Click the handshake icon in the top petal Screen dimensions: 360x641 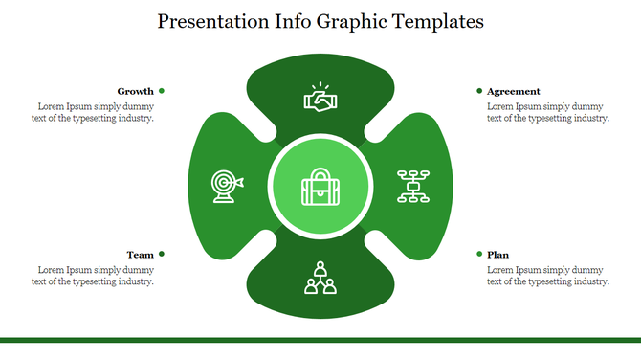pos(320,98)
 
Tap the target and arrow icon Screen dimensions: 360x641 pos(227,186)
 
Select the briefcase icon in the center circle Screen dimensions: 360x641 pos(320,187)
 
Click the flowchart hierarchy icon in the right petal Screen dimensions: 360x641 pos(413,186)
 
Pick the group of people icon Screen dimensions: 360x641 pos(320,277)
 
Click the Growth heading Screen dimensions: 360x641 pos(135,91)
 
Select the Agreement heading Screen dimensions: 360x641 pos(513,91)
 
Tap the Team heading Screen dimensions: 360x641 pos(140,255)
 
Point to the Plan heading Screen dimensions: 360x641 pos(497,255)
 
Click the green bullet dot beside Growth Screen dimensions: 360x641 pos(162,91)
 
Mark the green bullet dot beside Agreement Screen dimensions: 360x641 pos(479,91)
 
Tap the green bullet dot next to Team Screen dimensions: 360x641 pos(162,254)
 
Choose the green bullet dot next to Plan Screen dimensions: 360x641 pos(479,254)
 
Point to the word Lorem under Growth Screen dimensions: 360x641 pos(52,106)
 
